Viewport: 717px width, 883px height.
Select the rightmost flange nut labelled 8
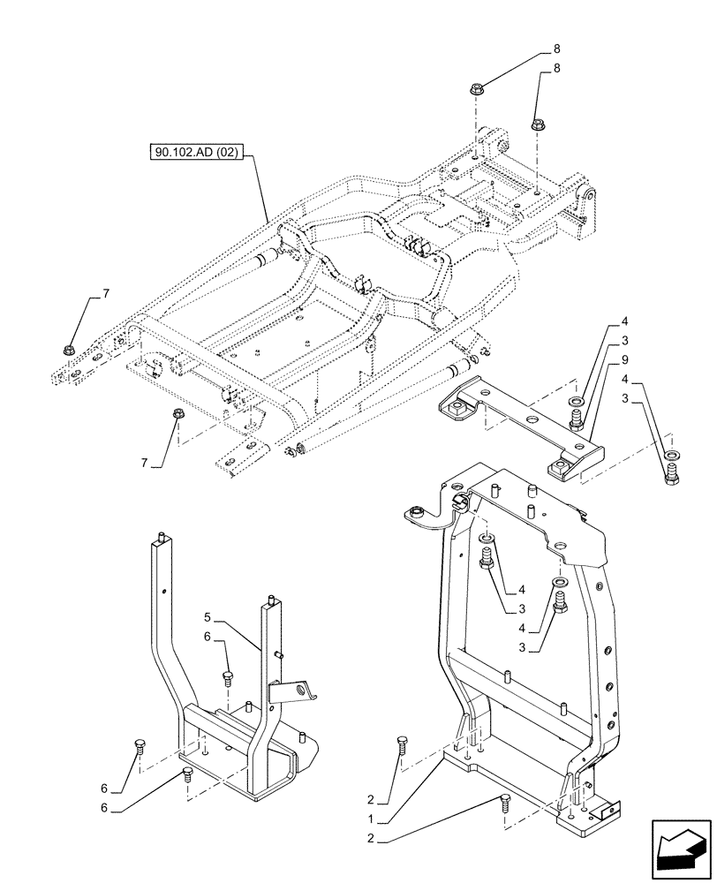pos(538,125)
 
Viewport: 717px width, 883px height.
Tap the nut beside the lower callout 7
pos(177,414)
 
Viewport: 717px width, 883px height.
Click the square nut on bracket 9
pos(458,408)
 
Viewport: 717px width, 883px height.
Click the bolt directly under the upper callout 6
pos(227,678)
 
